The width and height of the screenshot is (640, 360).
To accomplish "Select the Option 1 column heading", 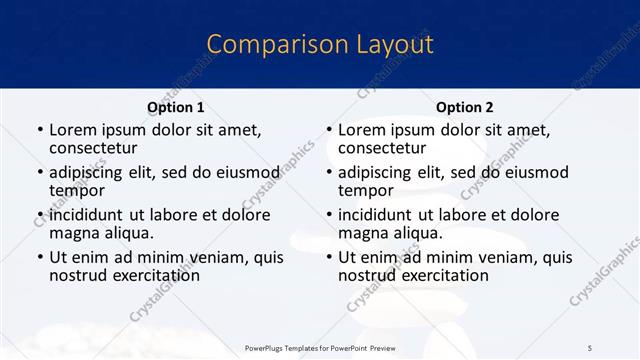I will pos(175,107).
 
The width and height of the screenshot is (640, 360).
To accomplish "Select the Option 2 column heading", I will pos(464,107).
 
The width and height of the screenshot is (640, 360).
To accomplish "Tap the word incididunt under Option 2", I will pos(377,215).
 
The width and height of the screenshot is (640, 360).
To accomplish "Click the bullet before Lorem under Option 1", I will pos(39,130).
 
